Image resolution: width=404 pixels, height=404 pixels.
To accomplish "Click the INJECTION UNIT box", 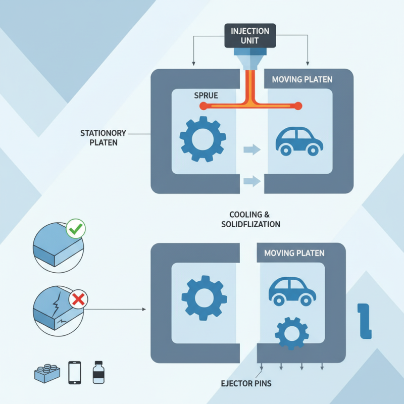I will click(250, 35).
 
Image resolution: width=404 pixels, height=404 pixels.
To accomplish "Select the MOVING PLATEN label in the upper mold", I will click(302, 80).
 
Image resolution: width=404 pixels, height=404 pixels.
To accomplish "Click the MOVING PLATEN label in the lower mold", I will click(294, 253).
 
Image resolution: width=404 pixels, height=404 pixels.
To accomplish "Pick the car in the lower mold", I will click(292, 291).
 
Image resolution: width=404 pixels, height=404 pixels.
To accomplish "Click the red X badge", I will click(78, 300).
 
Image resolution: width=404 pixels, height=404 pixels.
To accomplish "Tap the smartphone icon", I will click(75, 373).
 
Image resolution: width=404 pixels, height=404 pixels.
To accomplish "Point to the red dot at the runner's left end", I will click(203, 106).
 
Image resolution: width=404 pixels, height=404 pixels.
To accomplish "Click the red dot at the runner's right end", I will click(298, 106).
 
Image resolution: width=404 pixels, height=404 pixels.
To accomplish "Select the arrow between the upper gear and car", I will click(251, 149).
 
